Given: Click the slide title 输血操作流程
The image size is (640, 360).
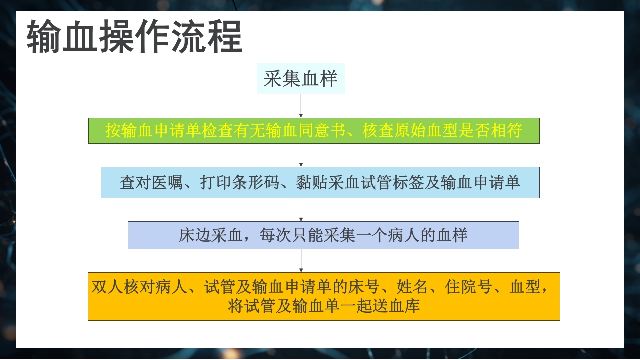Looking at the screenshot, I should [134, 37].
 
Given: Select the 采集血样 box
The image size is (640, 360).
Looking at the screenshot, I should [301, 79].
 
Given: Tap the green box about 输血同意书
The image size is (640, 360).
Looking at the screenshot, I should [314, 131].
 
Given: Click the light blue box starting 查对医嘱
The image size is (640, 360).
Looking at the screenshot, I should [320, 182].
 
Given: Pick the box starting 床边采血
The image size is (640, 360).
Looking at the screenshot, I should [323, 235].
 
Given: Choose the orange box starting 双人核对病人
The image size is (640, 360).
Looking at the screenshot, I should [324, 296].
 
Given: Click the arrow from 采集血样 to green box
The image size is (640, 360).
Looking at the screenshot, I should [301, 106].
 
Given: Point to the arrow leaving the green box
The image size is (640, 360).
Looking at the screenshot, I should [301, 155].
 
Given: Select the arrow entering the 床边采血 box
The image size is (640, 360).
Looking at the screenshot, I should [301, 210].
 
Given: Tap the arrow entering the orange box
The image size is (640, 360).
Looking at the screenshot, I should [301, 261].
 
